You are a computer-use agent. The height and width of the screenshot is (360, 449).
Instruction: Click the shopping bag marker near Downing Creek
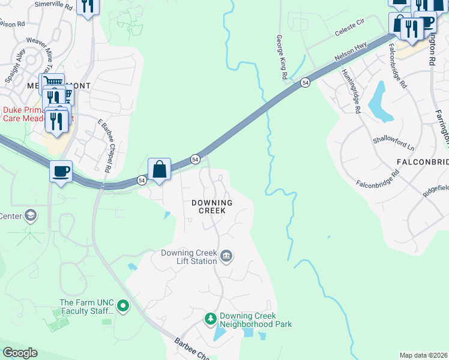pyautogui.click(x=160, y=169)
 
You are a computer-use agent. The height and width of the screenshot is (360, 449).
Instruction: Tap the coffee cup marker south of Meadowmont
pyautogui.click(x=61, y=172)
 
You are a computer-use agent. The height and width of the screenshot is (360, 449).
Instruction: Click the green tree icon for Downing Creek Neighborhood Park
pyautogui.click(x=210, y=318)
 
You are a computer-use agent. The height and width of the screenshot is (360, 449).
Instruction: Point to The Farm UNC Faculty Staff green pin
pyautogui.click(x=123, y=307)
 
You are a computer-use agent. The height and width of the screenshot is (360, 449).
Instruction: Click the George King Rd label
pyautogui.click(x=280, y=57)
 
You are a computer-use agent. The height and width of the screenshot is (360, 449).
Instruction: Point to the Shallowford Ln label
pyautogui.click(x=394, y=143)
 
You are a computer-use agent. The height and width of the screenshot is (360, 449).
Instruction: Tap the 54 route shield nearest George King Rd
pyautogui.click(x=306, y=83)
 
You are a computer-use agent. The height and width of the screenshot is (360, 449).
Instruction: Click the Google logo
pyautogui.click(x=20, y=353)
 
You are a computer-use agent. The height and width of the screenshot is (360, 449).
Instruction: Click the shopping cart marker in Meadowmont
pyautogui.click(x=52, y=83)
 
